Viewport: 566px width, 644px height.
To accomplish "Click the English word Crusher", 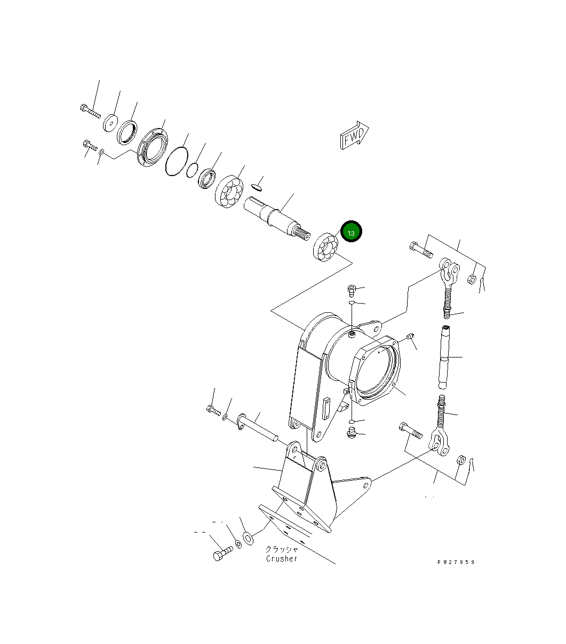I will [282, 559].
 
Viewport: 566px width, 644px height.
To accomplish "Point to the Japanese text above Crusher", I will [282, 549].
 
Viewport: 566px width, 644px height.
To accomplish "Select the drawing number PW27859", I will [455, 562].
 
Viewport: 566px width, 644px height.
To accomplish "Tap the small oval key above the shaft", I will [257, 186].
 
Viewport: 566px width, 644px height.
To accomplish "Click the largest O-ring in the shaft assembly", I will [176, 161].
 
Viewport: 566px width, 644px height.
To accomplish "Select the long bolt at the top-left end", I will [90, 111].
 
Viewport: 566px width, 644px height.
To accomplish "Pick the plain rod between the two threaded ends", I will [445, 357].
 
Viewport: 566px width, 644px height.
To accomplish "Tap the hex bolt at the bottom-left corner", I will [222, 553].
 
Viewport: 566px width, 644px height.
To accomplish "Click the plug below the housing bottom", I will [350, 432].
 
